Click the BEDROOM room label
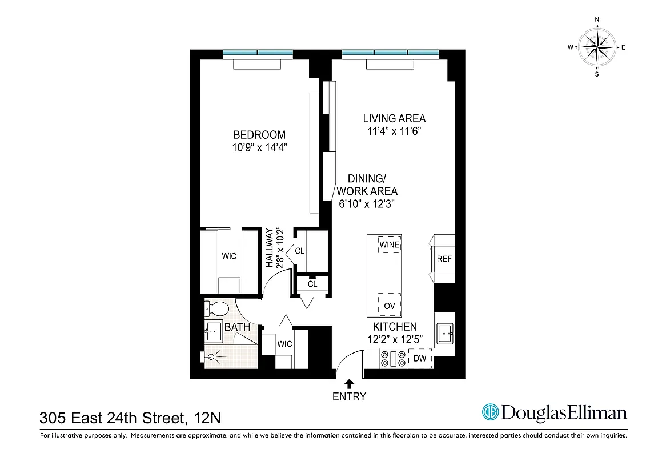[x=259, y=135]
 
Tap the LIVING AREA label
[x=395, y=119]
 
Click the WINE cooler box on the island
[x=389, y=245]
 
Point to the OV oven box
[x=389, y=306]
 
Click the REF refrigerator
[x=444, y=259]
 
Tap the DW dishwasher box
[x=420, y=359]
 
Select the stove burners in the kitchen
[x=390, y=359]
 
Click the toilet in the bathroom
[x=216, y=309]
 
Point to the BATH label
[x=237, y=328]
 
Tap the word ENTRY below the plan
[x=349, y=396]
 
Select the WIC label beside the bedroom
[x=229, y=256]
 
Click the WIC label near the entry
[x=284, y=344]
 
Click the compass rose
[x=597, y=47]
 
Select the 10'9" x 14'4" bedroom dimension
[x=259, y=147]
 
